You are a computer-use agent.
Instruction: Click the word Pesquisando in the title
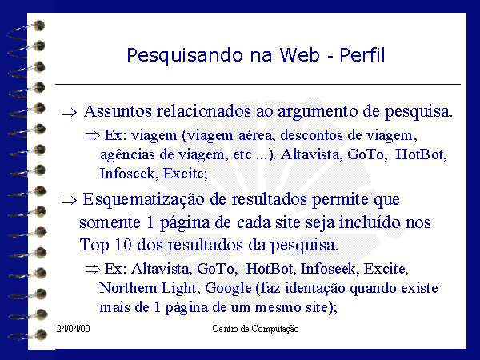(185, 56)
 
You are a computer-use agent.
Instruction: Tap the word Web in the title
(299, 54)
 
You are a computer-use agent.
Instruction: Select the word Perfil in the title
(362, 54)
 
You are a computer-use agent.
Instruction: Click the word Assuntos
(118, 111)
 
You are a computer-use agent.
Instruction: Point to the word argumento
(318, 112)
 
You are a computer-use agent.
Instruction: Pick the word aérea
(256, 135)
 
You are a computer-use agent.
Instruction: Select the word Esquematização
(143, 199)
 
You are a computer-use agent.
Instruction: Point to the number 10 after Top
(122, 245)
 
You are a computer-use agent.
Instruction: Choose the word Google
(228, 289)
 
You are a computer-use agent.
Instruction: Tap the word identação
(315, 289)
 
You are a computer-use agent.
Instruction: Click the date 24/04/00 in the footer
(73, 329)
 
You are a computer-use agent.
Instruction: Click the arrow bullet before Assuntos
(69, 112)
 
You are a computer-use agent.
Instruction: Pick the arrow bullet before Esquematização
(69, 201)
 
